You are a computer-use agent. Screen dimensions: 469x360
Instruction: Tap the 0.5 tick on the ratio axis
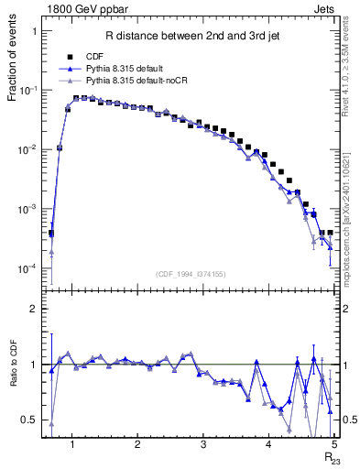30,420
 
